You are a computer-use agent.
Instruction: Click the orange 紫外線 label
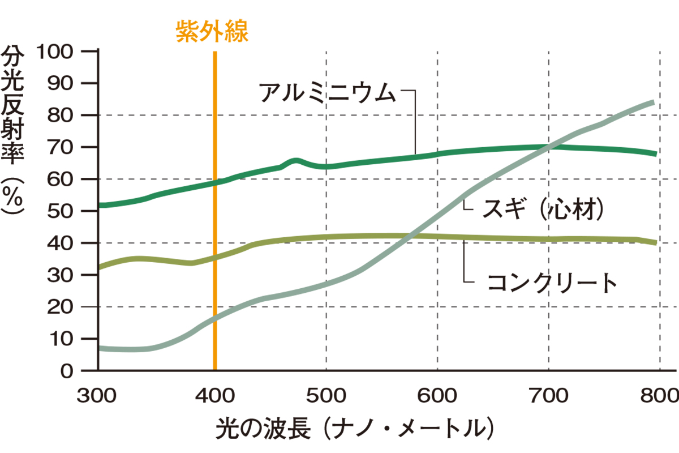pyautogui.click(x=212, y=31)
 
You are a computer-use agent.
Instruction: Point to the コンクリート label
pyautogui.click(x=552, y=282)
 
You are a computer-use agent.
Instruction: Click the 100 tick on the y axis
pyautogui.click(x=55, y=52)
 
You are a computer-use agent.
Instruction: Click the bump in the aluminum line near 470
pyautogui.click(x=295, y=161)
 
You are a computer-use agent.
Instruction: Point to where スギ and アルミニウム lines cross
pyautogui.click(x=548, y=147)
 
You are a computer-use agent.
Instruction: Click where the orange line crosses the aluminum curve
pyautogui.click(x=215, y=182)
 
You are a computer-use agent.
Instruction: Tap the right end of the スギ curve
pyautogui.click(x=653, y=102)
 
